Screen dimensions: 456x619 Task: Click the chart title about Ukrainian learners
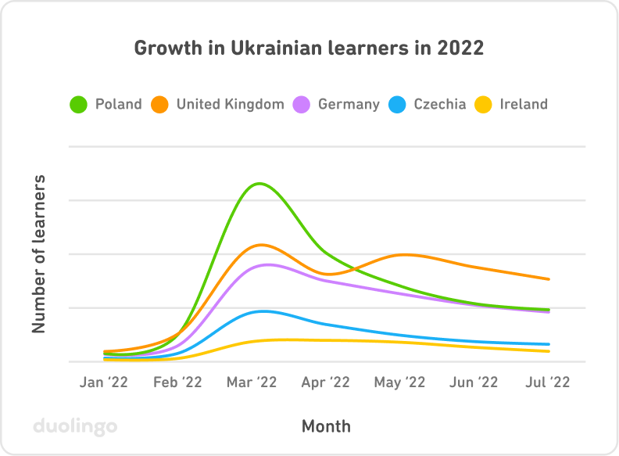(x=309, y=48)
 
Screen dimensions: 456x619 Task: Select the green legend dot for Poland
(x=79, y=104)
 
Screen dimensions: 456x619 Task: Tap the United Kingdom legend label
(x=230, y=104)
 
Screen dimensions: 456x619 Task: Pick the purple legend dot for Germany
(x=302, y=104)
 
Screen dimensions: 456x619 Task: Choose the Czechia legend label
(x=439, y=104)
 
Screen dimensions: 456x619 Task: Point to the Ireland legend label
(x=524, y=104)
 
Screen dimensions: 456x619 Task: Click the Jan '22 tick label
(x=104, y=382)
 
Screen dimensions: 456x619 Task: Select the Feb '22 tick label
(x=177, y=382)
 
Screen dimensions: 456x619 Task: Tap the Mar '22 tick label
(x=252, y=382)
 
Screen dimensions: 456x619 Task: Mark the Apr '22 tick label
(x=325, y=382)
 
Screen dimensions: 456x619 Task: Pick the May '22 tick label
(x=399, y=382)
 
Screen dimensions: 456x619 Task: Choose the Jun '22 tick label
(x=474, y=382)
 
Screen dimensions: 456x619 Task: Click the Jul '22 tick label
(x=547, y=382)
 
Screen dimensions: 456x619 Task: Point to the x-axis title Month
(x=326, y=426)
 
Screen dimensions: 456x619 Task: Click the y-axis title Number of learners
(x=38, y=254)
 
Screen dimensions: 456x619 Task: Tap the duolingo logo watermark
(x=75, y=427)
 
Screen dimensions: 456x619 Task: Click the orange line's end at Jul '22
(x=549, y=279)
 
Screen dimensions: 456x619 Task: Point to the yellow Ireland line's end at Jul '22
(x=549, y=351)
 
